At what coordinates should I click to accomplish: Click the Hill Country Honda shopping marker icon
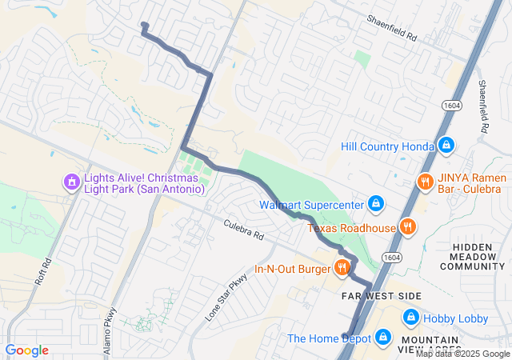point(447,146)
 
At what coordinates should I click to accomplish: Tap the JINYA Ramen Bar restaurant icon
point(426,182)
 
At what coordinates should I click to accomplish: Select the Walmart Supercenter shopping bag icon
point(374,204)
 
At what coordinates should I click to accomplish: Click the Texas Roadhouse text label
point(352,228)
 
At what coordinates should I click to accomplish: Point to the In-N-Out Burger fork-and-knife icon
point(342,268)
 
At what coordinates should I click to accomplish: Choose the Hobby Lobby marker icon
point(410,318)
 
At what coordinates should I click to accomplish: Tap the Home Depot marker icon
point(382,338)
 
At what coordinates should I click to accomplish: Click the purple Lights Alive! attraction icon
point(71,182)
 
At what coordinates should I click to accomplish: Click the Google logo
point(26,350)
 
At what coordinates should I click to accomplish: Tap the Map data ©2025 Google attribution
point(462,354)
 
